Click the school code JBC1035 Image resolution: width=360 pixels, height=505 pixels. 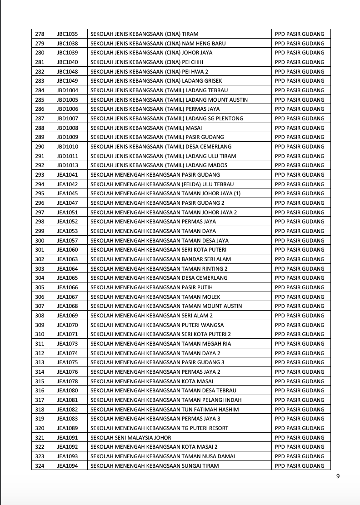[67, 34]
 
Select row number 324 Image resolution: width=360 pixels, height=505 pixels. [40, 465]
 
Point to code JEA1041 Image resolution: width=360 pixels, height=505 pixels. [67, 175]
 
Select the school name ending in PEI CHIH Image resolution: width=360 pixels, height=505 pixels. [147, 62]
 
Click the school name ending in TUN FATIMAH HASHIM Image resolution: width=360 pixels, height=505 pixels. [165, 409]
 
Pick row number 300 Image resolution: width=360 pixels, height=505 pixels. [40, 241]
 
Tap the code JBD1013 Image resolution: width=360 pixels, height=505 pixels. [67, 165]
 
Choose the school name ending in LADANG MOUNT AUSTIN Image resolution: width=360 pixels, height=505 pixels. [169, 100]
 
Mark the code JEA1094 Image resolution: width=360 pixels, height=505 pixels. [67, 465]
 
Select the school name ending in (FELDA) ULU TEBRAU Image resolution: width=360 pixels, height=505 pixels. [162, 184]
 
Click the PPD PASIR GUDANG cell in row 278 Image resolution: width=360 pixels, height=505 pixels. [300, 34]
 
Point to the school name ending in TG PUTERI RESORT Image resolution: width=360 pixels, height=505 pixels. [160, 428]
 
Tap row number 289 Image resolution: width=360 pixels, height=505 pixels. [40, 137]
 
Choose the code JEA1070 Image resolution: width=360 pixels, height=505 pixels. [67, 325]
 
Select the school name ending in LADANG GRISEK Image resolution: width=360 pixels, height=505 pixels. [155, 81]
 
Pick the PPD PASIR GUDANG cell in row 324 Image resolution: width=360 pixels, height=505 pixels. [300, 465]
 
